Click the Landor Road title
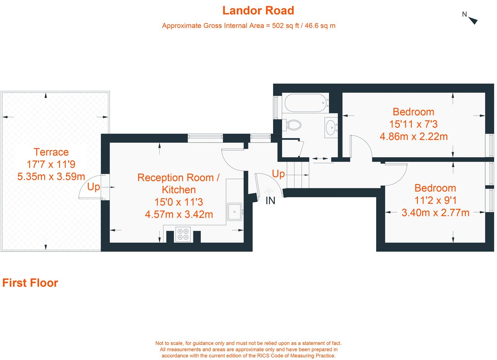pyautogui.click(x=258, y=11)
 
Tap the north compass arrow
pyautogui.click(x=473, y=21)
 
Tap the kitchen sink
pyautogui.click(x=234, y=212)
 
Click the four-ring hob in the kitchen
pyautogui.click(x=183, y=234)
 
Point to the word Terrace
pyautogui.click(x=51, y=152)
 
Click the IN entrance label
pyautogui.click(x=270, y=201)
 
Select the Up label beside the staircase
pyautogui.click(x=278, y=174)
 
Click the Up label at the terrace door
pyautogui.click(x=93, y=187)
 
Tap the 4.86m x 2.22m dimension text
pyautogui.click(x=413, y=136)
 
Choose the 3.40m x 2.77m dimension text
pyautogui.click(x=435, y=213)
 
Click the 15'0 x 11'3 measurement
pyautogui.click(x=179, y=202)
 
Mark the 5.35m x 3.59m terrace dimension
pyautogui.click(x=51, y=176)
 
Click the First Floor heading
pyautogui.click(x=30, y=283)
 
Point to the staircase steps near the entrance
pyautogui.click(x=298, y=175)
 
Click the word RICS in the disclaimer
pyautogui.click(x=263, y=356)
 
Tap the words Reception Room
pyautogui.click(x=176, y=178)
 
